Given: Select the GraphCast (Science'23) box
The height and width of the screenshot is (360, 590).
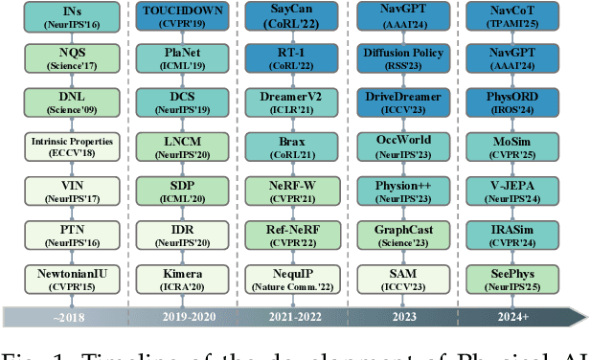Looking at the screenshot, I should [x=408, y=236].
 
